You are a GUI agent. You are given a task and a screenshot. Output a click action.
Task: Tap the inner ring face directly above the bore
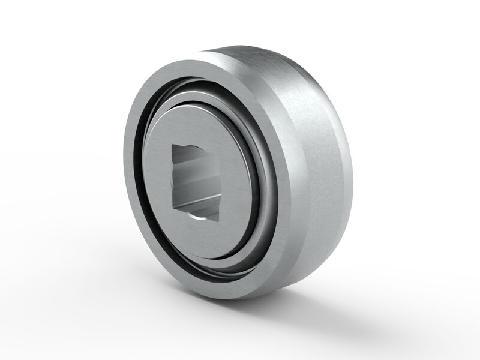pos(195,123)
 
